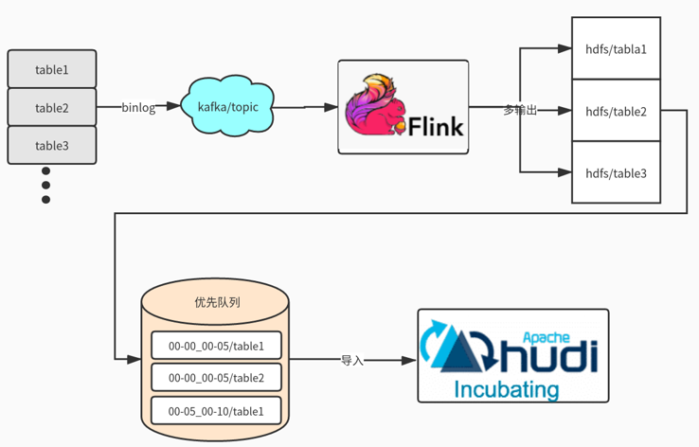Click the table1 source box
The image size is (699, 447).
pyautogui.click(x=52, y=69)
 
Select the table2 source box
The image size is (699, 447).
pyautogui.click(x=52, y=108)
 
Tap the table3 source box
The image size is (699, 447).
pyautogui.click(x=52, y=146)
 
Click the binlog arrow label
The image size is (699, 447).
pyautogui.click(x=138, y=108)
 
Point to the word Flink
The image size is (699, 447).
pyautogui.click(x=436, y=123)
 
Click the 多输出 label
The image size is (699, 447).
pyautogui.click(x=520, y=111)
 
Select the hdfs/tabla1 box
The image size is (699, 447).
pyautogui.click(x=616, y=48)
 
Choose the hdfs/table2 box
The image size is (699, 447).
pyautogui.click(x=616, y=112)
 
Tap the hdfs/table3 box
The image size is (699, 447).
pyautogui.click(x=616, y=173)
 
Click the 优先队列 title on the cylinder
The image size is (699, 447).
pyautogui.click(x=217, y=303)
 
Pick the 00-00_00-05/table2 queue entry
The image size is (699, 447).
pyautogui.click(x=217, y=378)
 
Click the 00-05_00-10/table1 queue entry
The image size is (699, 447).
pyautogui.click(x=217, y=411)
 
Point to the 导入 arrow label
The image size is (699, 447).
pyautogui.click(x=352, y=361)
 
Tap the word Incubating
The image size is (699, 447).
pyautogui.click(x=507, y=389)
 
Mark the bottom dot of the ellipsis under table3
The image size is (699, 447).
pyautogui.click(x=45, y=200)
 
